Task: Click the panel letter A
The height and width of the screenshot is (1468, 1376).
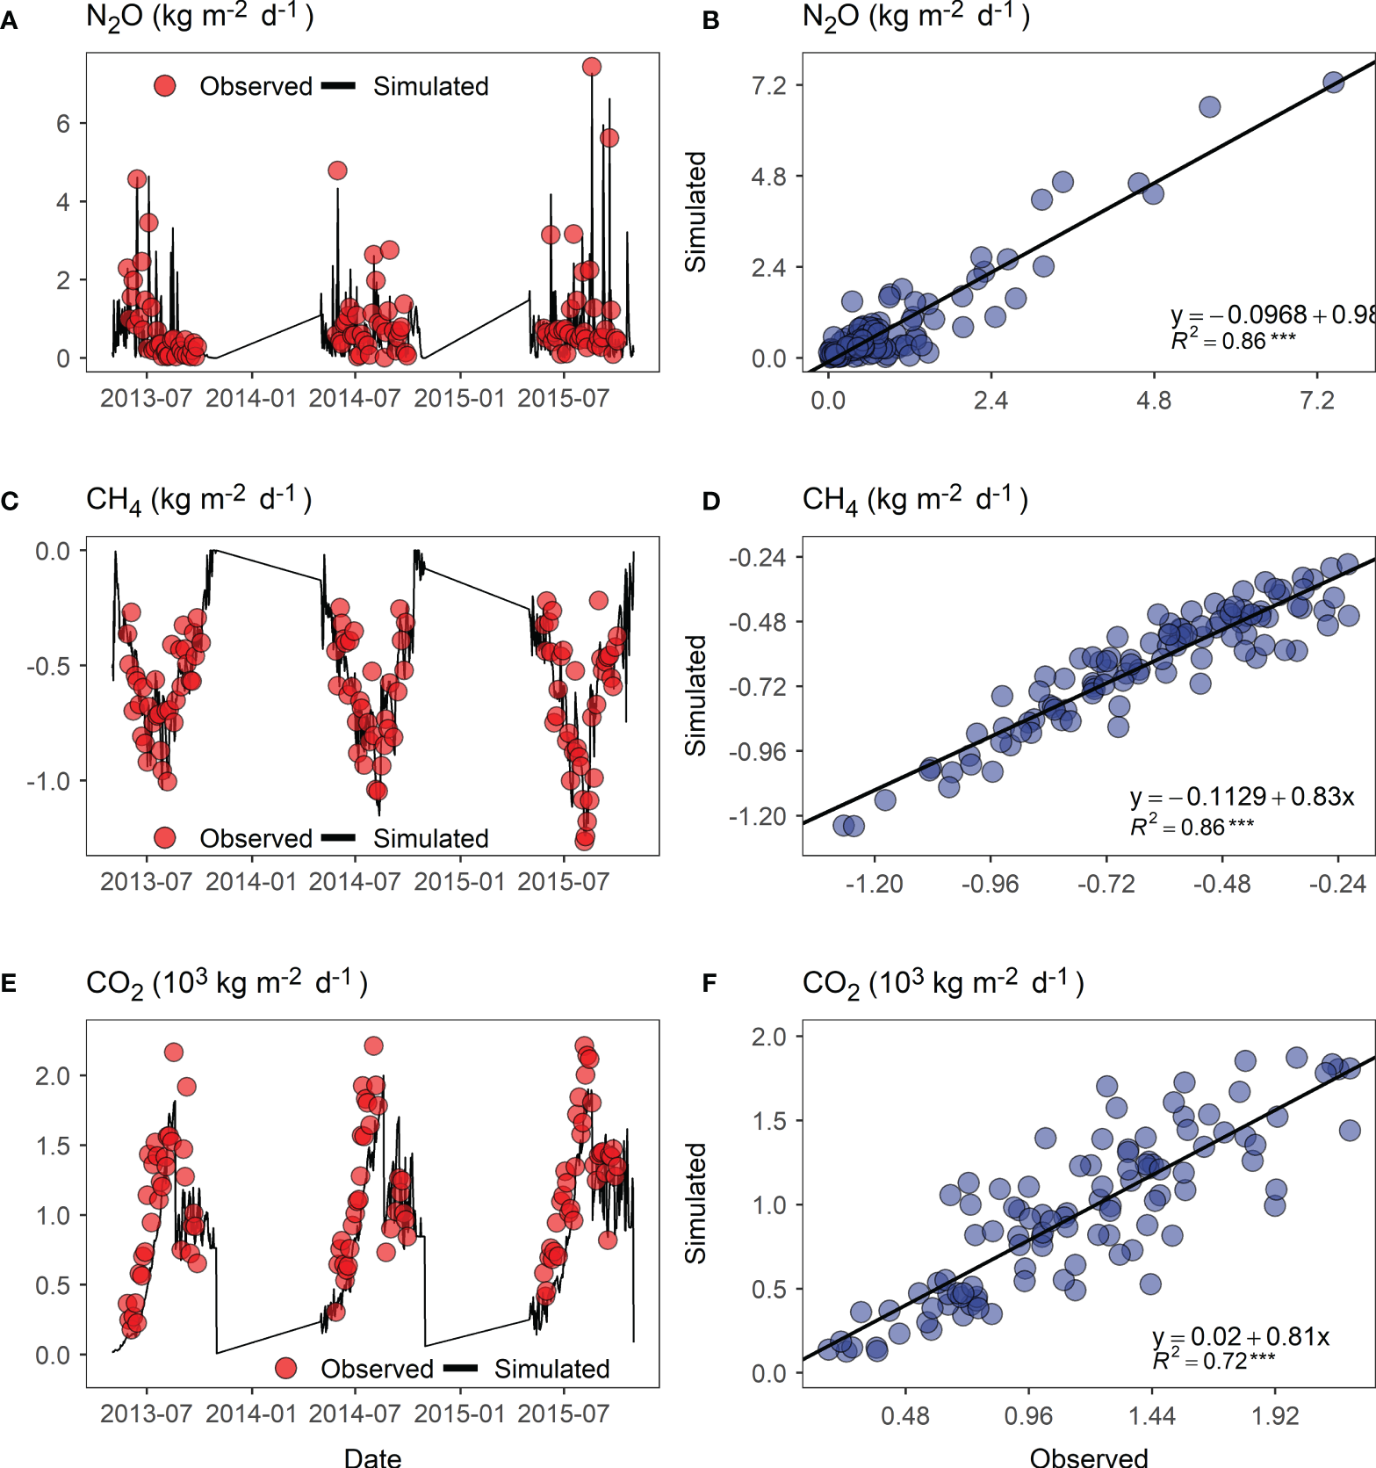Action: (9, 21)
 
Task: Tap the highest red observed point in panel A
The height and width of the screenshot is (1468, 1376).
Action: (591, 67)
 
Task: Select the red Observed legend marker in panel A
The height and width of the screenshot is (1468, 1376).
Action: (164, 86)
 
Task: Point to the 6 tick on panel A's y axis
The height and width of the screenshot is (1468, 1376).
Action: (63, 124)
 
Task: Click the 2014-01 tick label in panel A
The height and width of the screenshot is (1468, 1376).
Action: (251, 399)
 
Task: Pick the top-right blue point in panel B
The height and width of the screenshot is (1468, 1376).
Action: (1333, 83)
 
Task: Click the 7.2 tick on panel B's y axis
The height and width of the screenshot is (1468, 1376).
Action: (768, 85)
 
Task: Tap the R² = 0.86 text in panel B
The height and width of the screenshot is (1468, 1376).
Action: (1233, 341)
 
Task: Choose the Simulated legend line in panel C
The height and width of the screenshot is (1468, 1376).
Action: (338, 838)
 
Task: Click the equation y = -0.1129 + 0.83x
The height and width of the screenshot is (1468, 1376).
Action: (1242, 797)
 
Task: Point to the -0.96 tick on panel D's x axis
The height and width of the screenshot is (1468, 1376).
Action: (990, 884)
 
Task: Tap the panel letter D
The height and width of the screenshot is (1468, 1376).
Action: (711, 502)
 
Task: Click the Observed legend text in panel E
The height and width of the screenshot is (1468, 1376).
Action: (377, 1369)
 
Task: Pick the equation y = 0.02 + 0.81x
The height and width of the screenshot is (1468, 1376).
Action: (1240, 1336)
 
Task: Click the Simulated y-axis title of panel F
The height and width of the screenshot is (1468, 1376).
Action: (695, 1203)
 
